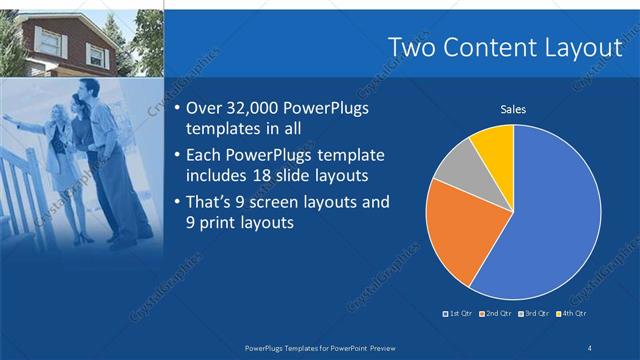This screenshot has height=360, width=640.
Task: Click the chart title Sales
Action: (513, 110)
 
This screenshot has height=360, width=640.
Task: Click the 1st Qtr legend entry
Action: (460, 314)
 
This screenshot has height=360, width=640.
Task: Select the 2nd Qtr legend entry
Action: (497, 314)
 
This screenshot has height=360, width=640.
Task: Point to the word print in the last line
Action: (219, 223)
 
